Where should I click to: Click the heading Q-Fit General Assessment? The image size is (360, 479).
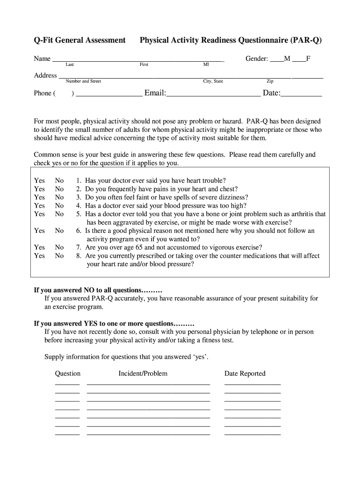coord(79,41)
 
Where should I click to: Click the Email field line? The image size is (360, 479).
coord(213,94)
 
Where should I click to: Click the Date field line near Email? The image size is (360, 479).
coord(301,94)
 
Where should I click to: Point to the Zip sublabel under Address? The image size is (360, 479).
coord(270,81)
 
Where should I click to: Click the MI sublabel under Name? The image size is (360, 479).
coord(206,65)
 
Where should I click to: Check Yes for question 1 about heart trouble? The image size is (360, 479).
coord(40,181)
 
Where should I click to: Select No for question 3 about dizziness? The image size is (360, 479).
coord(59,197)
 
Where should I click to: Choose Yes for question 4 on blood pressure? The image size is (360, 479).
coord(40,206)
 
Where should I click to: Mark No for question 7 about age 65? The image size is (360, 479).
coord(59,247)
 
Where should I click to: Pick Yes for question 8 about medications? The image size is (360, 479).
coord(40,256)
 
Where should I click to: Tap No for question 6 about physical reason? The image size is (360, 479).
coord(59,231)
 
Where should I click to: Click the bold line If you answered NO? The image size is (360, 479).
coord(98,290)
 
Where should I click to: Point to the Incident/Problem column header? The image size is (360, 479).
coord(143,374)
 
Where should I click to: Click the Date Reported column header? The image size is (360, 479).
coord(245,374)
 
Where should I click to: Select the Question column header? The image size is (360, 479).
coord(68,374)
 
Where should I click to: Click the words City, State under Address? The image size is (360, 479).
coord(213,81)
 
